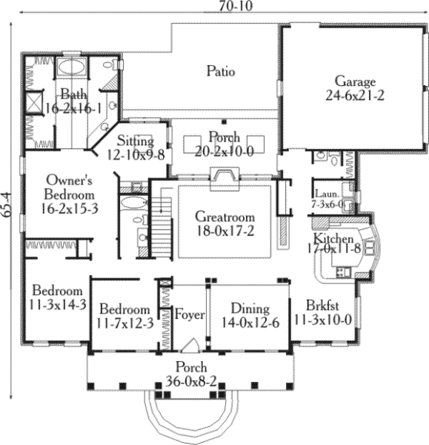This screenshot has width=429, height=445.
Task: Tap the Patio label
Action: click(221, 72)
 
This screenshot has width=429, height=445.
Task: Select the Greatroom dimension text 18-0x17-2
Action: click(225, 230)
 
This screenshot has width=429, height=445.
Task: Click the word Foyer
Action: click(189, 315)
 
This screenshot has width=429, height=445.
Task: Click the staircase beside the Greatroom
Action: click(164, 222)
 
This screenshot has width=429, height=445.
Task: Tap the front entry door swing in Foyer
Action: click(189, 347)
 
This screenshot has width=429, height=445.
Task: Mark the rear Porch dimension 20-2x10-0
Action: click(225, 150)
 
